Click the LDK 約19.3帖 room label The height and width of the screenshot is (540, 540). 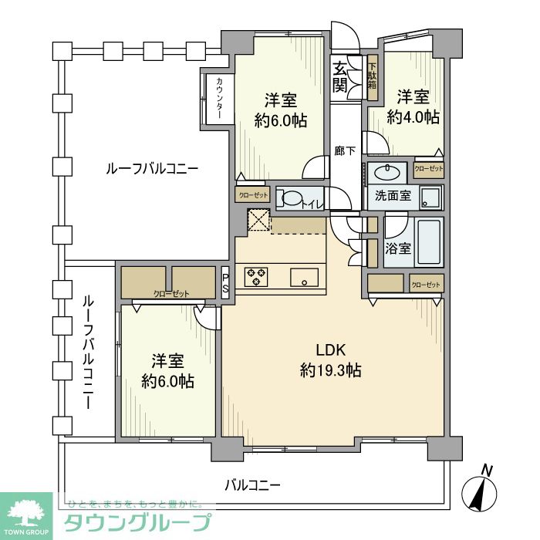(330, 360)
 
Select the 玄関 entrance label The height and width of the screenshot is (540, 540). (339, 77)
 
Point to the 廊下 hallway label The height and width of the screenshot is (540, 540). (345, 151)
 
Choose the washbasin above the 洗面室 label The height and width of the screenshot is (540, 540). (383, 171)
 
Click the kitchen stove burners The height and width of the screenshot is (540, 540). (255, 276)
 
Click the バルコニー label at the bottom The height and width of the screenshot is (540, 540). (253, 485)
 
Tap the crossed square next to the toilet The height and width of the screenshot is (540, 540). (259, 220)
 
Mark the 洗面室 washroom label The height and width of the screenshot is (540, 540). (393, 197)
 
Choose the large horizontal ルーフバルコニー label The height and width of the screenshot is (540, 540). (152, 167)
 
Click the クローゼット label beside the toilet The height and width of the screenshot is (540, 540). (252, 196)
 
